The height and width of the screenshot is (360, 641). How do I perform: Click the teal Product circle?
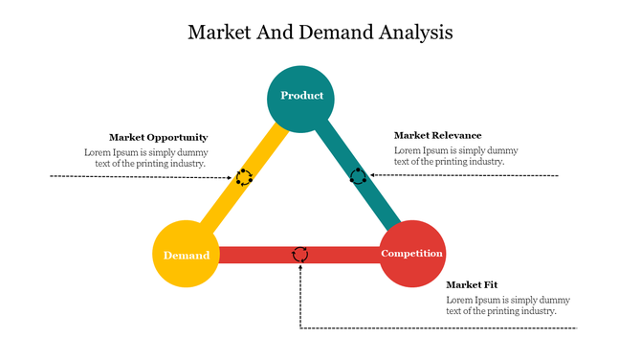[301, 97]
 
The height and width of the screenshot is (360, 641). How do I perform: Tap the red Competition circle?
[411, 253]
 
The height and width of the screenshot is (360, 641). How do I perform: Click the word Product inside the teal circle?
[301, 96]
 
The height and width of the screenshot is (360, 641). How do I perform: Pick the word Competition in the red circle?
[411, 254]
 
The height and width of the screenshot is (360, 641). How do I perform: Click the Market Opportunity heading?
[158, 138]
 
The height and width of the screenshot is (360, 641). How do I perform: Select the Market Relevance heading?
[437, 136]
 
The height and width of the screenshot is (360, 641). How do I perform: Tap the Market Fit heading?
[472, 285]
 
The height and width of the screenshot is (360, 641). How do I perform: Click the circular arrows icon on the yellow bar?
[244, 177]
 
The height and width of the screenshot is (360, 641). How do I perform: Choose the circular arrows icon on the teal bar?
[358, 176]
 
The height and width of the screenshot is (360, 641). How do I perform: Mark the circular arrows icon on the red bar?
[300, 254]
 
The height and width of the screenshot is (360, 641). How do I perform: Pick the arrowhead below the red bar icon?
[300, 267]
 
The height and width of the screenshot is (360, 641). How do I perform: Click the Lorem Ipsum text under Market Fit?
[500, 305]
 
